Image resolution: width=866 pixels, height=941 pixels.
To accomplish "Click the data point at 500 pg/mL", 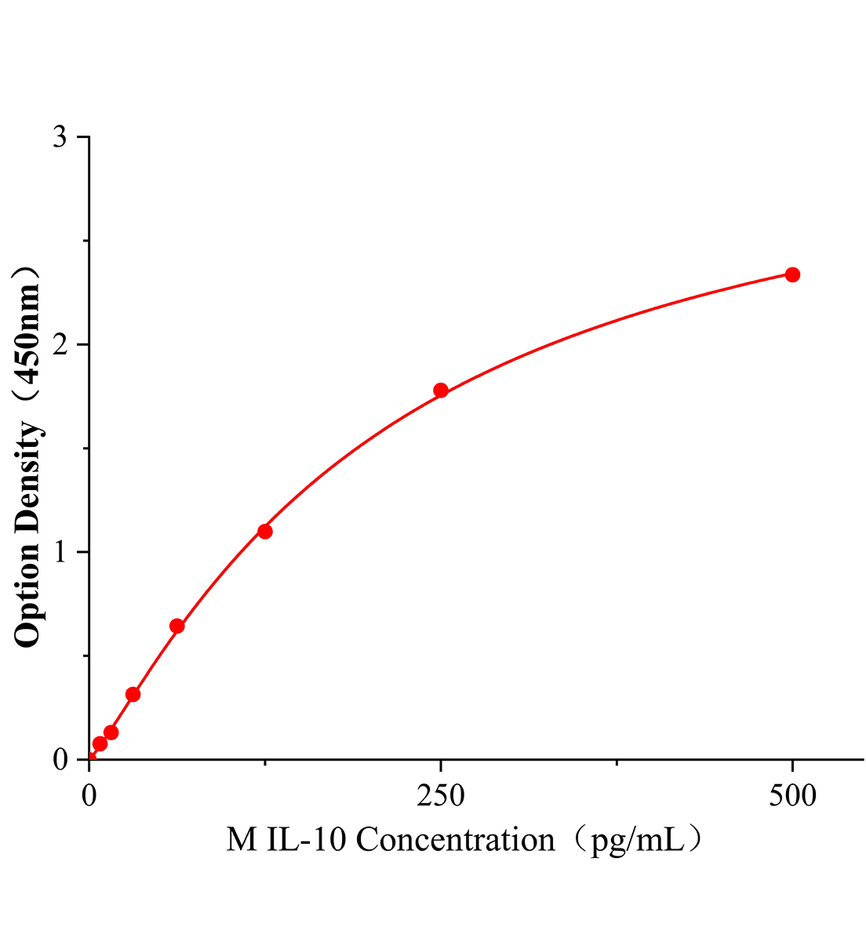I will [x=792, y=274].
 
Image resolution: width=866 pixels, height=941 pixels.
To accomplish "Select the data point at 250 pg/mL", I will [x=441, y=391].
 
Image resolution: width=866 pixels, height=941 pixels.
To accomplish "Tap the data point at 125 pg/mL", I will [x=265, y=532].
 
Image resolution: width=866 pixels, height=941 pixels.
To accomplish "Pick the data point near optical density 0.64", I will [x=177, y=626].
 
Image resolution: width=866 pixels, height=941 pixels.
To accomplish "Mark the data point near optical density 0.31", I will [x=133, y=694].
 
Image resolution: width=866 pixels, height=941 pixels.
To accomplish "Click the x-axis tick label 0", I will [x=89, y=796].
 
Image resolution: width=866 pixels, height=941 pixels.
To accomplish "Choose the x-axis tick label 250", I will [x=441, y=796].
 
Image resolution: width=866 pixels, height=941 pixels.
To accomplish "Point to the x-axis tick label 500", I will [x=792, y=796].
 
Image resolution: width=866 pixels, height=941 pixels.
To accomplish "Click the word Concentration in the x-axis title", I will [x=456, y=841].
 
